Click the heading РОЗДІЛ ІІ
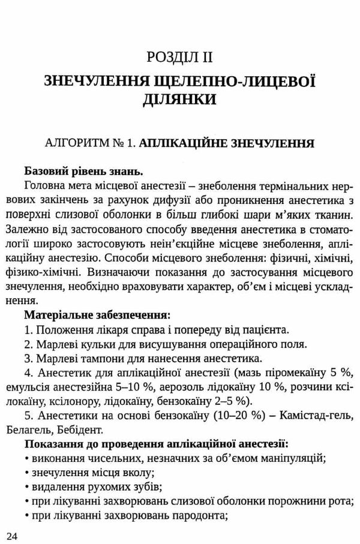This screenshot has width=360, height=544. click(x=179, y=58)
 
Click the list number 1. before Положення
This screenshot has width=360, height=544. click(x=29, y=329)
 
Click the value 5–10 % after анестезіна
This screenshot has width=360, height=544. click(x=152, y=386)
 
